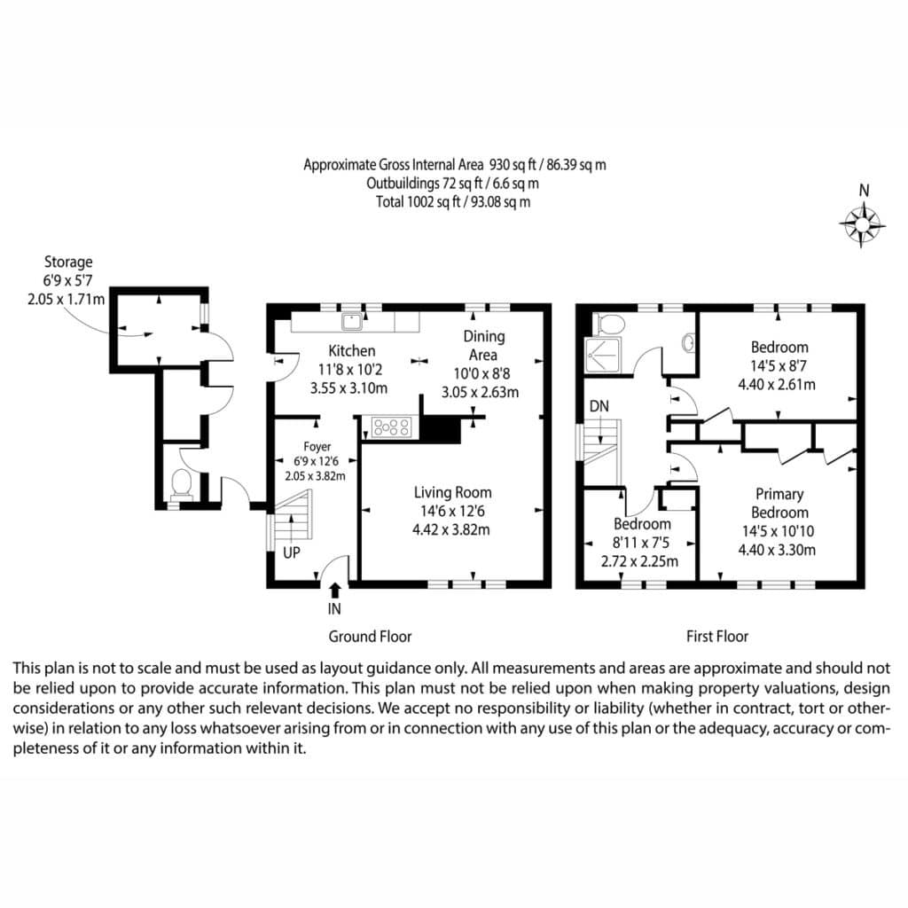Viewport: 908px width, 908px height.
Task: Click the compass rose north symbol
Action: pos(862,224)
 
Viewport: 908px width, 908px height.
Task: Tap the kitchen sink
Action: pos(351,321)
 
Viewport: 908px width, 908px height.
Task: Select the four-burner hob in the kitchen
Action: pos(391,427)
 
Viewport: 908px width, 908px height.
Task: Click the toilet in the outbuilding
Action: pos(182,484)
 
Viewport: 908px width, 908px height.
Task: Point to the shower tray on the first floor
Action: pos(603,355)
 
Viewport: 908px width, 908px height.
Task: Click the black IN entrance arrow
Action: pos(334,590)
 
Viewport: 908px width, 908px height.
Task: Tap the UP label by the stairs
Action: pos(291,552)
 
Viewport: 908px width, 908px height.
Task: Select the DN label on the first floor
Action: pos(599,406)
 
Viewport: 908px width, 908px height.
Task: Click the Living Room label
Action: pos(452,492)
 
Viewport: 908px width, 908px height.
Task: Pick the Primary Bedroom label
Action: pos(779,504)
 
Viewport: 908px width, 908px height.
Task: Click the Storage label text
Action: pos(68,262)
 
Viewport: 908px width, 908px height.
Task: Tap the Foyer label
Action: pos(317,447)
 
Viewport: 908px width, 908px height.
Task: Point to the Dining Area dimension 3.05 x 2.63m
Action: pos(480,392)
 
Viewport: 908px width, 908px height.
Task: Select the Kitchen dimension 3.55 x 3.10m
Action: pos(348,388)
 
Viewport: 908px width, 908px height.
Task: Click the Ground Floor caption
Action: pos(370,637)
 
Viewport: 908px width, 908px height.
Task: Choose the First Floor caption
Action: pos(716,637)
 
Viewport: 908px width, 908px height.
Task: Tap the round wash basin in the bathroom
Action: pos(688,343)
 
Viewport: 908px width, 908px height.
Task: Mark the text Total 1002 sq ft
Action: pos(418,202)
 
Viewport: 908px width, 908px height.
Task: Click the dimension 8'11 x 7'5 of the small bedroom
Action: pos(640,543)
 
